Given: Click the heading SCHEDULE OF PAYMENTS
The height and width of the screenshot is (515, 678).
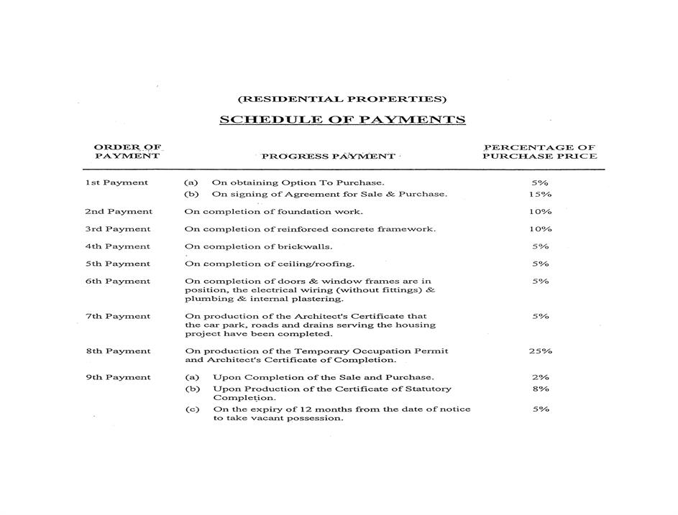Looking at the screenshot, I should click(342, 120).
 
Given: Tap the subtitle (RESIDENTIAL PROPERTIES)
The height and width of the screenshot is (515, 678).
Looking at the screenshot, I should click(342, 99).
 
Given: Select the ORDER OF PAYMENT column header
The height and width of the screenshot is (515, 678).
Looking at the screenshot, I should click(127, 152).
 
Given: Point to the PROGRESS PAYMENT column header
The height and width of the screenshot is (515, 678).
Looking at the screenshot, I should click(328, 156).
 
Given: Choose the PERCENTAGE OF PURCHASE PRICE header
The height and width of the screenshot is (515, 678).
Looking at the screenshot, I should click(540, 152).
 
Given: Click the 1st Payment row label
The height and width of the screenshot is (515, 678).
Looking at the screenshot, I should click(116, 182).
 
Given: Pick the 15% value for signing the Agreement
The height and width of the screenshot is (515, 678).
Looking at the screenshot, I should click(540, 194).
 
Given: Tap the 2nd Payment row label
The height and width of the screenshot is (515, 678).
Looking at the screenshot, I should click(119, 212).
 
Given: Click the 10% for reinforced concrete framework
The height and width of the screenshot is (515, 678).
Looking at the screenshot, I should click(540, 229).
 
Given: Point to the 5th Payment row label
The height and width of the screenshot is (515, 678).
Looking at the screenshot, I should click(118, 264).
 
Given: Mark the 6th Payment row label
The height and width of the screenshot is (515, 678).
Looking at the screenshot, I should click(118, 282).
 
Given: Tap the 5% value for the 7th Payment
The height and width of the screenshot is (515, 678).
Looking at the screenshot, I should click(541, 316).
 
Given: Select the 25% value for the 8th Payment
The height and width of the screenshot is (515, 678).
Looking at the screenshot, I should click(540, 351).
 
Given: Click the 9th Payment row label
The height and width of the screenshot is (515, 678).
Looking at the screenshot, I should click(118, 377).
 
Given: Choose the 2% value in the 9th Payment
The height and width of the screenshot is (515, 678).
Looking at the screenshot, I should click(541, 377).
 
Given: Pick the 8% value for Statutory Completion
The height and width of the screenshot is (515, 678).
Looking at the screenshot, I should click(541, 389).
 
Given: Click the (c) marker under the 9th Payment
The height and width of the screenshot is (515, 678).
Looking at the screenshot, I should click(192, 409).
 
